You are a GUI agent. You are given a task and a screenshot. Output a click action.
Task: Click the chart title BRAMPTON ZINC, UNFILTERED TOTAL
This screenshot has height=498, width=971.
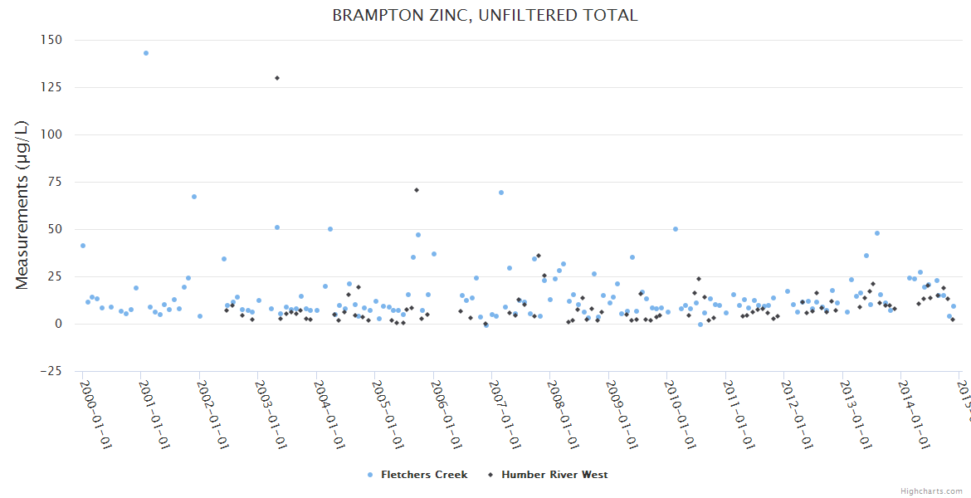(485, 16)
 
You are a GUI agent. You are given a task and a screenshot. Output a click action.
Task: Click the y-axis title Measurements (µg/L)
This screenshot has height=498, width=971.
(22, 205)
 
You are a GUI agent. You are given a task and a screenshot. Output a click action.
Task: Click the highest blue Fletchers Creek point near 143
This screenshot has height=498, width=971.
(146, 53)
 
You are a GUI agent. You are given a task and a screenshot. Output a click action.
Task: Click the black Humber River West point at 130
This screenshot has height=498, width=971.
(276, 78)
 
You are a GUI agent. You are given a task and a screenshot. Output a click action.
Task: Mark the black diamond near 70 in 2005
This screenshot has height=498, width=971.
(416, 190)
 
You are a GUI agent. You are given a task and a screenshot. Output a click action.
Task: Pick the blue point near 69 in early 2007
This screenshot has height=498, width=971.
(501, 193)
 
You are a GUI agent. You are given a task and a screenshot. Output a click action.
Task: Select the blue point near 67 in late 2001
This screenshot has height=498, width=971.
(194, 197)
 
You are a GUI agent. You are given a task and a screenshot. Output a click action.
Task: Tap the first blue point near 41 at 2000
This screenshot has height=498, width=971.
(83, 246)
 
